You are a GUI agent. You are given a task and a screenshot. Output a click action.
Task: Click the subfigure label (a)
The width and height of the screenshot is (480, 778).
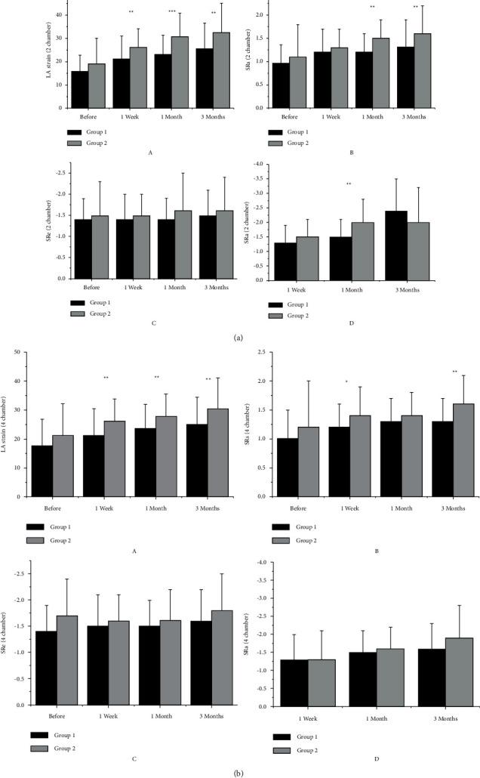click(239, 340)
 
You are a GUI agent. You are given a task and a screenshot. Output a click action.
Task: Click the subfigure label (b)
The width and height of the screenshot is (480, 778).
click(239, 771)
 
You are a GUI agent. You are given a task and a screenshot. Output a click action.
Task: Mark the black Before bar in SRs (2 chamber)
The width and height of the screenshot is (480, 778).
click(280, 85)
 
